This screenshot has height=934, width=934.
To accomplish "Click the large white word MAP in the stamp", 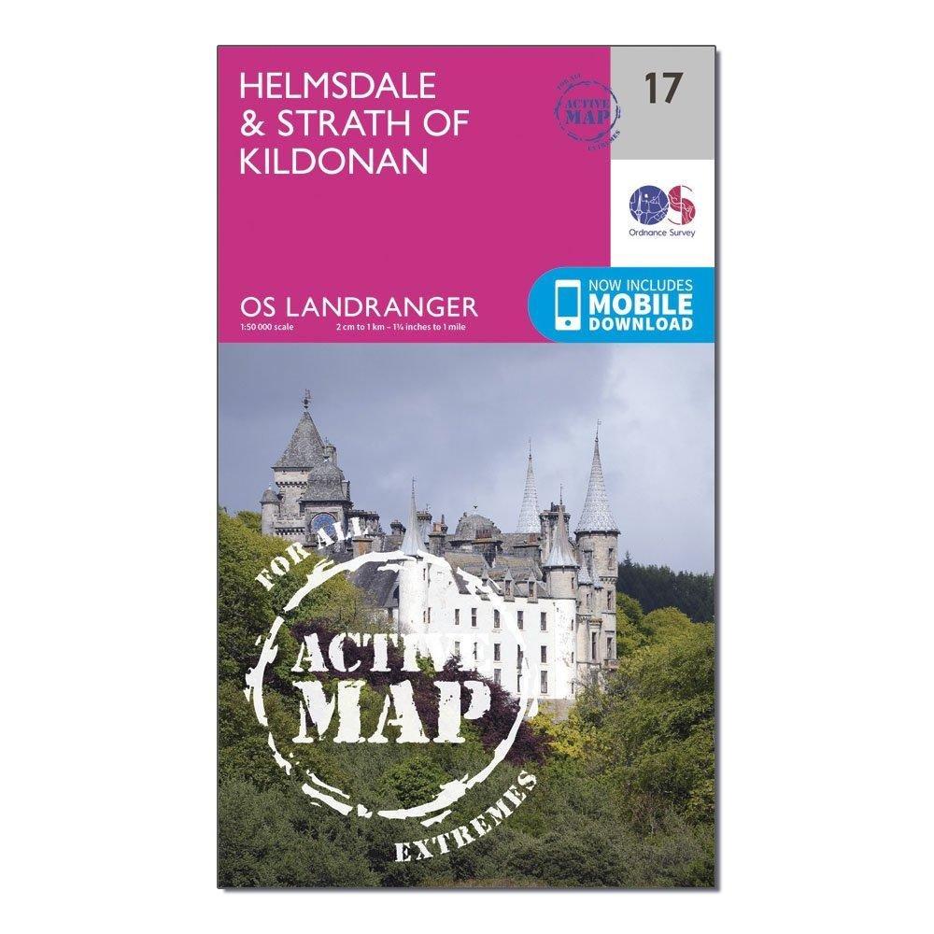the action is pos(402,715).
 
